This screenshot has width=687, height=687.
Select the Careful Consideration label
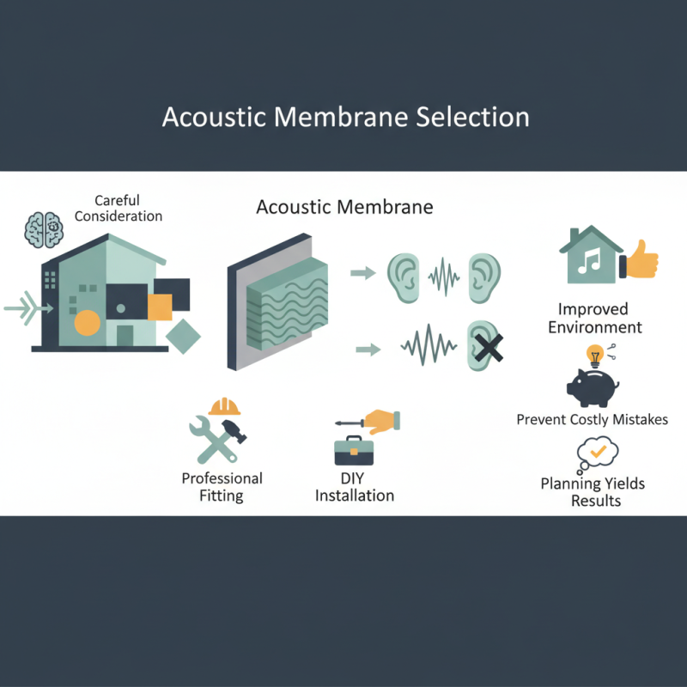click(118, 209)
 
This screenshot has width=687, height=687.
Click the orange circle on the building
click(87, 323)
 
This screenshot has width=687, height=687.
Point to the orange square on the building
click(160, 307)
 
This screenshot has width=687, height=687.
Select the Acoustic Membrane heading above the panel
click(344, 208)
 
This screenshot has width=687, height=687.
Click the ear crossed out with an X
click(484, 347)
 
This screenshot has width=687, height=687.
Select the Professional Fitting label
click(222, 487)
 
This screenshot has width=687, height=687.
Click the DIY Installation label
click(355, 487)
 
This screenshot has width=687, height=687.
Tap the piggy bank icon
click(593, 386)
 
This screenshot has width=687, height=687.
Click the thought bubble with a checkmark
click(598, 453)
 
